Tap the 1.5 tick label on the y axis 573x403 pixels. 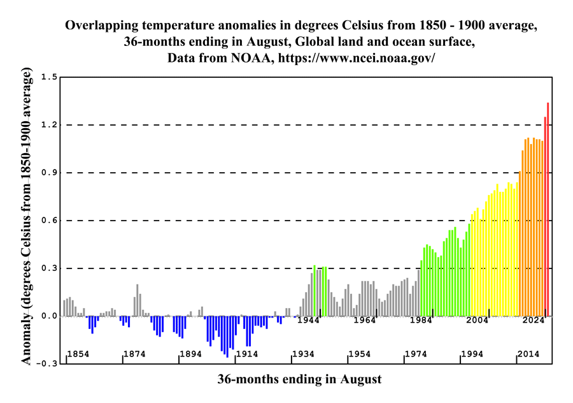click(x=50, y=77)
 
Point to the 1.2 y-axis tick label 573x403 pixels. click(x=50, y=125)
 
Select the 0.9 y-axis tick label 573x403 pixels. click(x=50, y=173)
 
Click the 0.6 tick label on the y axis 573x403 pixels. click(x=50, y=221)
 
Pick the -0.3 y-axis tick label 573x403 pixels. click(x=48, y=363)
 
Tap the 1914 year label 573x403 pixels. click(x=246, y=354)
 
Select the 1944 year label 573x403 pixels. click(x=308, y=320)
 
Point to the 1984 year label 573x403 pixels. click(x=421, y=320)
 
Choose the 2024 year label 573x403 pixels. click(x=534, y=320)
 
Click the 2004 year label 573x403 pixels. click(x=477, y=320)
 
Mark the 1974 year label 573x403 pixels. click(x=415, y=354)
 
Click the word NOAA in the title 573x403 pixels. click(x=243, y=57)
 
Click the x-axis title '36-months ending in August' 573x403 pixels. click(x=299, y=379)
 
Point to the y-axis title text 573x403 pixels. click(x=26, y=219)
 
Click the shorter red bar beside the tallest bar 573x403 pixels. click(x=545, y=216)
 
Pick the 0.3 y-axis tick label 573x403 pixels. click(x=50, y=268)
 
